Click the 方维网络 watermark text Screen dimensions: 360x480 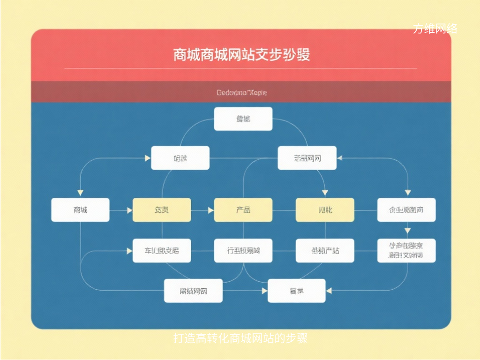click(x=435, y=29)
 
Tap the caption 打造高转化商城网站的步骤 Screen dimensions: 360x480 click(x=240, y=338)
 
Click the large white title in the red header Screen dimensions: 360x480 click(x=241, y=55)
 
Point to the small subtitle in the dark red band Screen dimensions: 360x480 click(x=241, y=93)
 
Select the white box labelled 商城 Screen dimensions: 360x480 click(x=80, y=210)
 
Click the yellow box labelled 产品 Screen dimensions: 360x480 click(x=243, y=210)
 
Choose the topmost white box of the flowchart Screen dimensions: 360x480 click(x=243, y=119)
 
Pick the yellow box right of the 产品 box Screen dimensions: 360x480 click(x=324, y=210)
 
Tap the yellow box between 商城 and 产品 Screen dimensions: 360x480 click(x=162, y=210)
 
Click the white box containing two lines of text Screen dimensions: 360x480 click(x=406, y=250)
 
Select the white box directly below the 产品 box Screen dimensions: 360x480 click(x=243, y=250)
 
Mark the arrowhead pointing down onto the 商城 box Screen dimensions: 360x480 click(x=80, y=193)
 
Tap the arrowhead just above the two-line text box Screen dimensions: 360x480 click(x=407, y=231)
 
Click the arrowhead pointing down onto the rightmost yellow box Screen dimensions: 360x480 click(x=324, y=192)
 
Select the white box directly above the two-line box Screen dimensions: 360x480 click(x=406, y=210)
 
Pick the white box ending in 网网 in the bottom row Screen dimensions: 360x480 click(x=193, y=291)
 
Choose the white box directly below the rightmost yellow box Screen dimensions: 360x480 click(x=324, y=250)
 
